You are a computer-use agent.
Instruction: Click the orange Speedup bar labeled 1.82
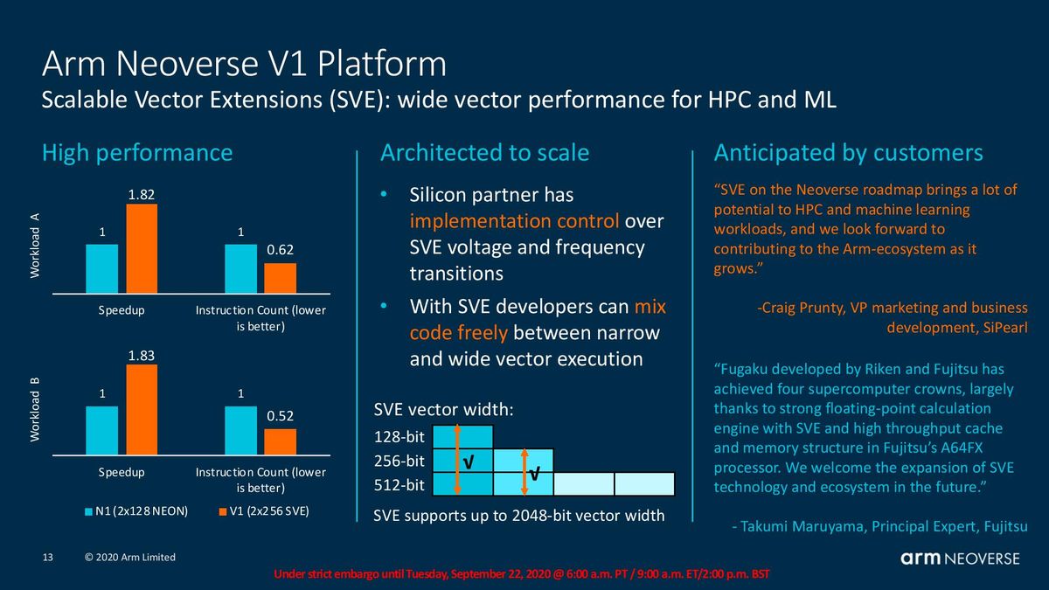click(142, 248)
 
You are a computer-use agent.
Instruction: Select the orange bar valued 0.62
click(281, 277)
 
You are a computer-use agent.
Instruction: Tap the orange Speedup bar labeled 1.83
click(142, 410)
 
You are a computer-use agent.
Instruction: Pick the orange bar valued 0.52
click(281, 441)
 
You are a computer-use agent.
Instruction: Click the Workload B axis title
click(37, 409)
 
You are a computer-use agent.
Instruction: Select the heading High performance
click(137, 153)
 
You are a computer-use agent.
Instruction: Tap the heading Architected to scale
click(484, 153)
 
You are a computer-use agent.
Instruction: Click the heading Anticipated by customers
click(848, 153)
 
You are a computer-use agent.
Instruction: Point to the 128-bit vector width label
click(399, 436)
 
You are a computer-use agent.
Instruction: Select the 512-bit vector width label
click(399, 483)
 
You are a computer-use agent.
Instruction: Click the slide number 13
click(49, 558)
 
